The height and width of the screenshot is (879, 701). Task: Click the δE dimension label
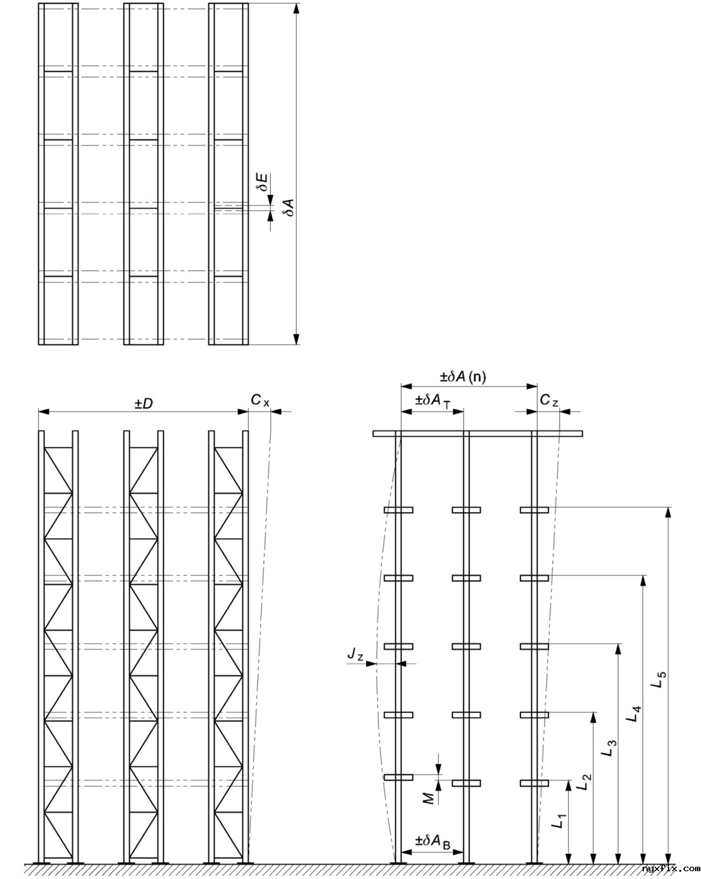(x=264, y=182)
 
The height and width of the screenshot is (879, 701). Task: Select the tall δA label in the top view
(x=289, y=208)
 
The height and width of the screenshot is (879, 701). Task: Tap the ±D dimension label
(x=143, y=403)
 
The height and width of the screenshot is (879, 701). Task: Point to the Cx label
(x=260, y=401)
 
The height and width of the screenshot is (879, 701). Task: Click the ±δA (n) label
(x=463, y=377)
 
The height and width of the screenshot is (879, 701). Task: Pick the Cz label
(x=548, y=401)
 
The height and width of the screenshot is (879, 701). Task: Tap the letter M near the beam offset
(x=429, y=798)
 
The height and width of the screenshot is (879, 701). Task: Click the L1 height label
(x=558, y=822)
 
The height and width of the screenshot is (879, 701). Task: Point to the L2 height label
(x=584, y=782)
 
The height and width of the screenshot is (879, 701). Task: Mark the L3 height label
(x=608, y=749)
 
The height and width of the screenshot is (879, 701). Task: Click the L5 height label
(x=658, y=679)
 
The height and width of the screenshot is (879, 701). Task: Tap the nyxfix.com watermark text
(x=670, y=868)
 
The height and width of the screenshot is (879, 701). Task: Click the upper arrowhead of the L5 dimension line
(x=669, y=512)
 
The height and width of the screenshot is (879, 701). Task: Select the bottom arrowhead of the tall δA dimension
(x=297, y=338)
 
